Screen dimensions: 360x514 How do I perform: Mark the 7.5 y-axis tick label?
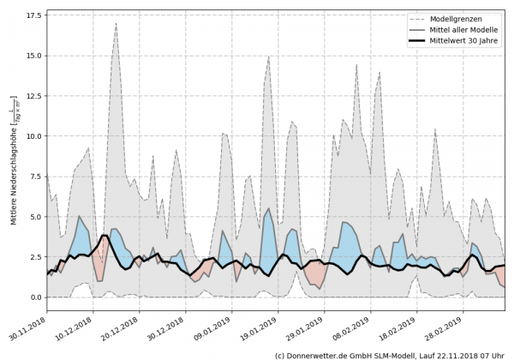tap(34, 177)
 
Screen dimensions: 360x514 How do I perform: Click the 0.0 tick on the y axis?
tap(34, 297)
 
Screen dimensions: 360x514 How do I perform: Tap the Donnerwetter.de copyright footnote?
tap(391, 354)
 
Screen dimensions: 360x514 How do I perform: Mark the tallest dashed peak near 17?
tap(117, 24)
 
